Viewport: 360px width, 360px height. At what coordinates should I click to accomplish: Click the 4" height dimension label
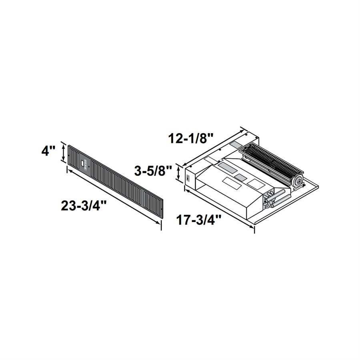tap(48, 152)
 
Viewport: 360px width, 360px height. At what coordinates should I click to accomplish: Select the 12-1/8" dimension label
tap(188, 139)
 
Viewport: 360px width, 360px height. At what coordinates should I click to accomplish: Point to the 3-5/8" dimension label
tap(154, 172)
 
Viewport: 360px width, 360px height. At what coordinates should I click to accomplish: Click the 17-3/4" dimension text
tap(200, 220)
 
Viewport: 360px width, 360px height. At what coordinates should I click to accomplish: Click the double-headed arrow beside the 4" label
tap(62, 152)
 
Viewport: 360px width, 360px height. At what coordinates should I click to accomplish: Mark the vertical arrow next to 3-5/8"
tap(178, 175)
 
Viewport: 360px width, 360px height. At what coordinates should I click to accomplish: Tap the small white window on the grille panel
tap(83, 163)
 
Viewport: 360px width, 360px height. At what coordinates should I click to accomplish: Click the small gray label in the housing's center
tap(240, 176)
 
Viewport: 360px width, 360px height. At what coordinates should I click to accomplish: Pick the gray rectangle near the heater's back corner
tap(238, 143)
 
